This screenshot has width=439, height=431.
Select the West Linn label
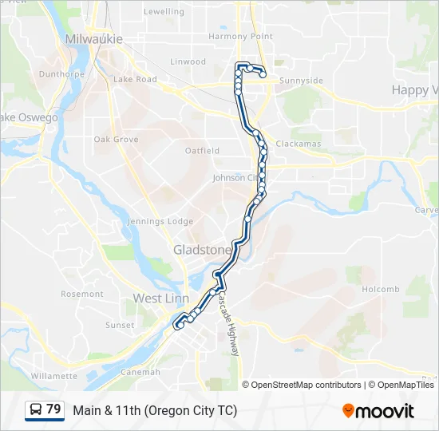[x=160, y=299]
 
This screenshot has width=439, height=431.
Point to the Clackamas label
[x=299, y=144]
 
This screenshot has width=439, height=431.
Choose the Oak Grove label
[x=116, y=140]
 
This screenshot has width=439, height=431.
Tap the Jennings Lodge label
[x=160, y=221]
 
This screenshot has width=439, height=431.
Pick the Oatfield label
[x=202, y=150]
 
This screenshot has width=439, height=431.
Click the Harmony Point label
[x=240, y=37]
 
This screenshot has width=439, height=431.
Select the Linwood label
[x=188, y=61]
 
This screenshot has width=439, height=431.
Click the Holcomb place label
[x=380, y=289]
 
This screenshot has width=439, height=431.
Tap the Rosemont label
[x=82, y=294]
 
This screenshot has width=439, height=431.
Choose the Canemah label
[x=140, y=372]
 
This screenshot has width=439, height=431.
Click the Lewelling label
[x=163, y=12]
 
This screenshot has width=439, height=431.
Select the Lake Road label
[x=135, y=80]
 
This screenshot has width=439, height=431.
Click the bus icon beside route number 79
[x=36, y=410]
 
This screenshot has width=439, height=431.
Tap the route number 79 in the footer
[x=53, y=409]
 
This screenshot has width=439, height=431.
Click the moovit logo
[x=378, y=411]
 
